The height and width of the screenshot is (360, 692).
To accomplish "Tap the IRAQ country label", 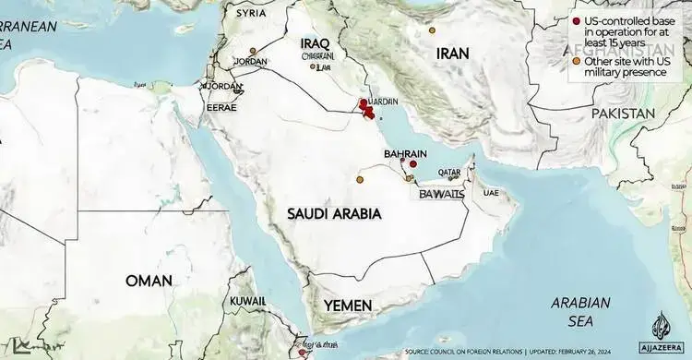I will [x=319, y=42].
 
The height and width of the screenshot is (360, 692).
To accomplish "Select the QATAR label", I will [x=449, y=173].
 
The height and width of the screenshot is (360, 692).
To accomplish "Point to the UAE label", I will [x=490, y=193].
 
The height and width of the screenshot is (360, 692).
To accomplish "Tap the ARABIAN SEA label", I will [x=580, y=311].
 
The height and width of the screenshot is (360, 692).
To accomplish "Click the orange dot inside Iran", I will [x=432, y=30].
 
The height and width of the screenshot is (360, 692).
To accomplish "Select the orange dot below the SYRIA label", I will [x=253, y=48].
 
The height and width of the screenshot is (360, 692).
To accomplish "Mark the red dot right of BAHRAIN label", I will [x=413, y=164].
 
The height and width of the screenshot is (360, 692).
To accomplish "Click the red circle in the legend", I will [x=577, y=20].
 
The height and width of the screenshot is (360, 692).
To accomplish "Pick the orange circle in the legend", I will [x=577, y=61].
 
